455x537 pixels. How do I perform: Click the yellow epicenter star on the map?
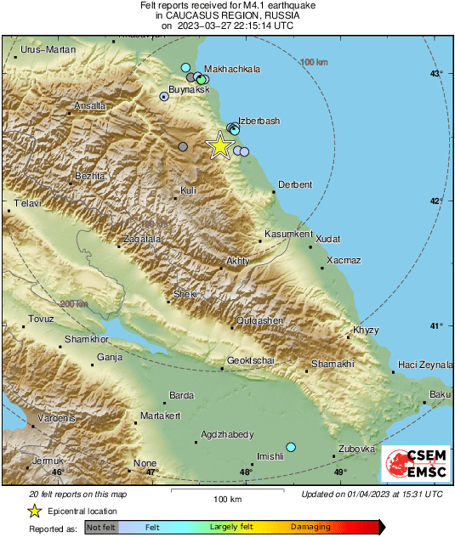pyautogui.click(x=219, y=145)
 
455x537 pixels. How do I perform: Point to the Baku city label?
pyautogui.click(x=440, y=393)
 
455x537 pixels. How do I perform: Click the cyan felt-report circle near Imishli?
pyautogui.click(x=291, y=447)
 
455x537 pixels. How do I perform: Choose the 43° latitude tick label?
pyautogui.click(x=436, y=75)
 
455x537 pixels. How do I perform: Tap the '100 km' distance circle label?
pyautogui.click(x=314, y=62)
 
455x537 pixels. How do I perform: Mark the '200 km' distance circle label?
pyautogui.click(x=74, y=303)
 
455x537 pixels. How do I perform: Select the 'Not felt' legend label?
pyautogui.click(x=102, y=528)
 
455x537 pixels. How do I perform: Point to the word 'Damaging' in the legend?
pyautogui.click(x=310, y=528)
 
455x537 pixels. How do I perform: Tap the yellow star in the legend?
pyautogui.click(x=34, y=511)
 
